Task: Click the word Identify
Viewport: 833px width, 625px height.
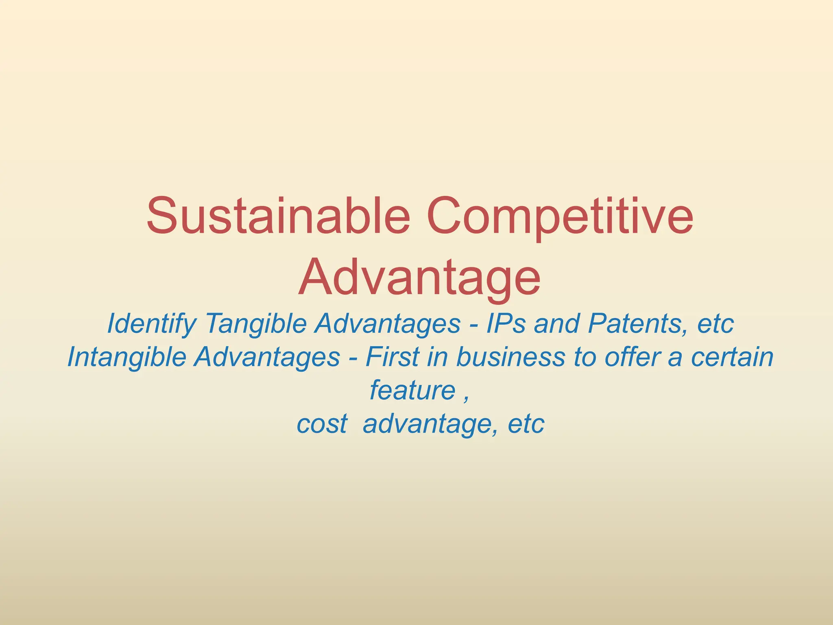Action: pos(151,324)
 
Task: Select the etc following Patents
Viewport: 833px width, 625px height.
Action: pos(715,324)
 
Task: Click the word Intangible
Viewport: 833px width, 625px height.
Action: pos(126,357)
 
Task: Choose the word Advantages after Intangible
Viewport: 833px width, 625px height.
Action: pos(267,357)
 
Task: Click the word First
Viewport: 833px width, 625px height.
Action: pos(392,357)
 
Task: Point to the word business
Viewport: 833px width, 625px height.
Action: pos(510,357)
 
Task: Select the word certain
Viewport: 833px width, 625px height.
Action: pos(732,357)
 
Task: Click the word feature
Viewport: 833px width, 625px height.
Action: pos(412,391)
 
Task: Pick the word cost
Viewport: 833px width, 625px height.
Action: pos(322,424)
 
